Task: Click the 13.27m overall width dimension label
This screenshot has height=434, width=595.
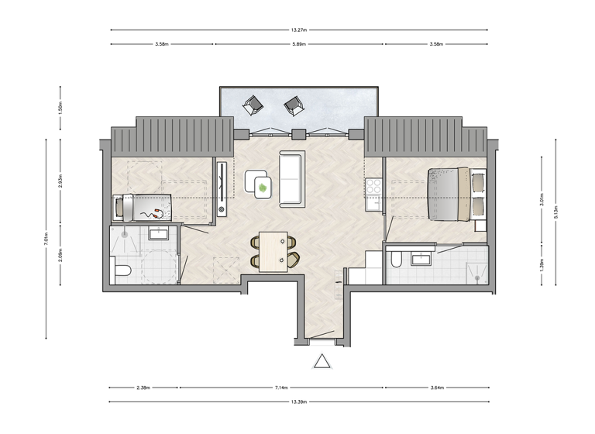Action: click(x=299, y=30)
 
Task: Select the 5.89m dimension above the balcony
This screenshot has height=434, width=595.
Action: click(x=299, y=45)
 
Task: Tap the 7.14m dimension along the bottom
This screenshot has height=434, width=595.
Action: click(x=282, y=387)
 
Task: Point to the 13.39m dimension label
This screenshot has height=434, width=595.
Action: click(x=299, y=402)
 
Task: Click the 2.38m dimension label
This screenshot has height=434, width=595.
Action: click(x=143, y=387)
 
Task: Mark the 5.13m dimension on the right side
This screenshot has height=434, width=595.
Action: click(x=556, y=212)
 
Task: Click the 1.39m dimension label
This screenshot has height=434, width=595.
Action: click(x=542, y=265)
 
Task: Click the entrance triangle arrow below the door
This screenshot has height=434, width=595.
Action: click(x=322, y=362)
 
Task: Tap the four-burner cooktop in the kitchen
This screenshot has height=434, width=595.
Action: click(x=373, y=186)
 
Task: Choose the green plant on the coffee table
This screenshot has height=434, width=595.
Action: click(x=263, y=187)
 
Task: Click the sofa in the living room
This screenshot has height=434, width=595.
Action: click(x=291, y=179)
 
